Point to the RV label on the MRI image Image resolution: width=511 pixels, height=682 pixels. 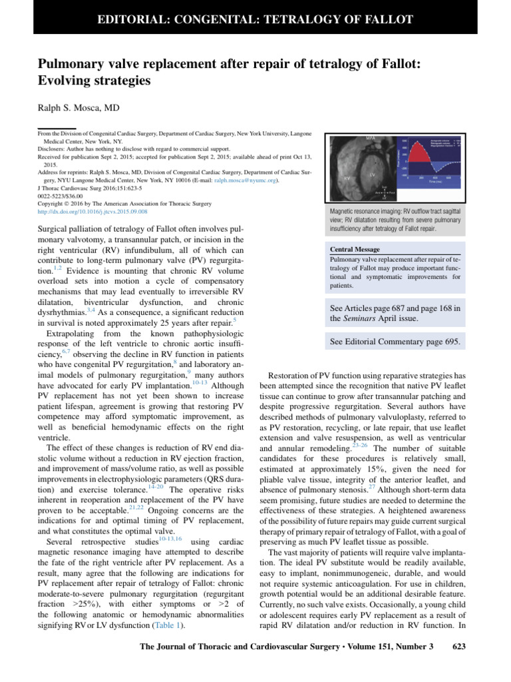(x=347, y=178)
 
